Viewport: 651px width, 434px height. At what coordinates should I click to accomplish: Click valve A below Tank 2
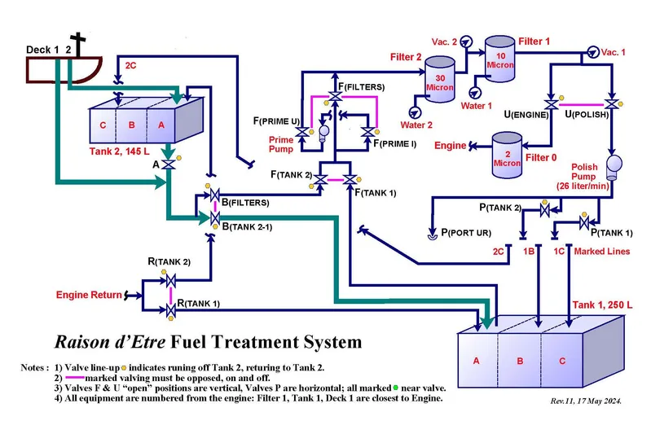167,164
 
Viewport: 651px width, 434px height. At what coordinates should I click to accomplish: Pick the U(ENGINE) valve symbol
551,103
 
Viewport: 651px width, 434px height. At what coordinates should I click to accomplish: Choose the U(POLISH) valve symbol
610,103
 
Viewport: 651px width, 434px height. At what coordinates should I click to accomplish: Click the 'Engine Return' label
88,295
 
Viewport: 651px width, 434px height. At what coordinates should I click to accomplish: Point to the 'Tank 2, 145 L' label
133,151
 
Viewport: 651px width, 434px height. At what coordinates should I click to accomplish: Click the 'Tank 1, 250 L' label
603,305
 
